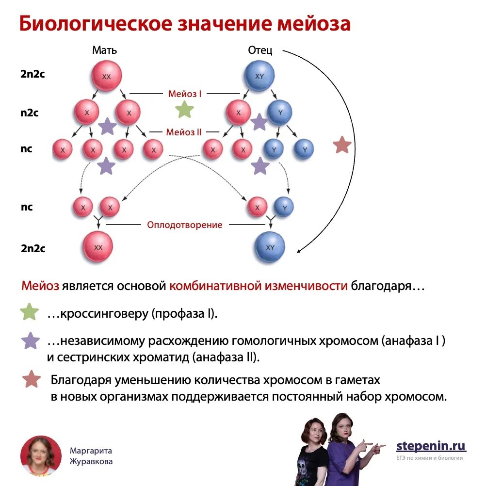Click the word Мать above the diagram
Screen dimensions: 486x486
[x=104, y=50]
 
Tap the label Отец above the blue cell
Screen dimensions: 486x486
[x=260, y=50]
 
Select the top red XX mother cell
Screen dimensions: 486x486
[x=106, y=76]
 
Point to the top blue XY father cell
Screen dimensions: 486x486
[x=259, y=76]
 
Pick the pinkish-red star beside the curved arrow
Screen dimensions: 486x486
[x=342, y=145]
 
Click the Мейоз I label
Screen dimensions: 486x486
[x=185, y=94]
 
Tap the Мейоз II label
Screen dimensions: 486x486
[x=184, y=132]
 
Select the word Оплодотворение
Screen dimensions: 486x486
[x=185, y=225]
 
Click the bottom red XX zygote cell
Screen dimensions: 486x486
[x=98, y=247]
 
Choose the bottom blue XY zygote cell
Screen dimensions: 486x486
[x=270, y=247]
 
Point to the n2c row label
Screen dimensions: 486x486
[x=30, y=113]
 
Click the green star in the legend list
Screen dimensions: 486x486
[x=30, y=313]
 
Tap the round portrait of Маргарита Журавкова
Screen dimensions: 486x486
[x=41, y=455]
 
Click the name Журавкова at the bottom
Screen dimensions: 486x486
[x=91, y=461]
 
